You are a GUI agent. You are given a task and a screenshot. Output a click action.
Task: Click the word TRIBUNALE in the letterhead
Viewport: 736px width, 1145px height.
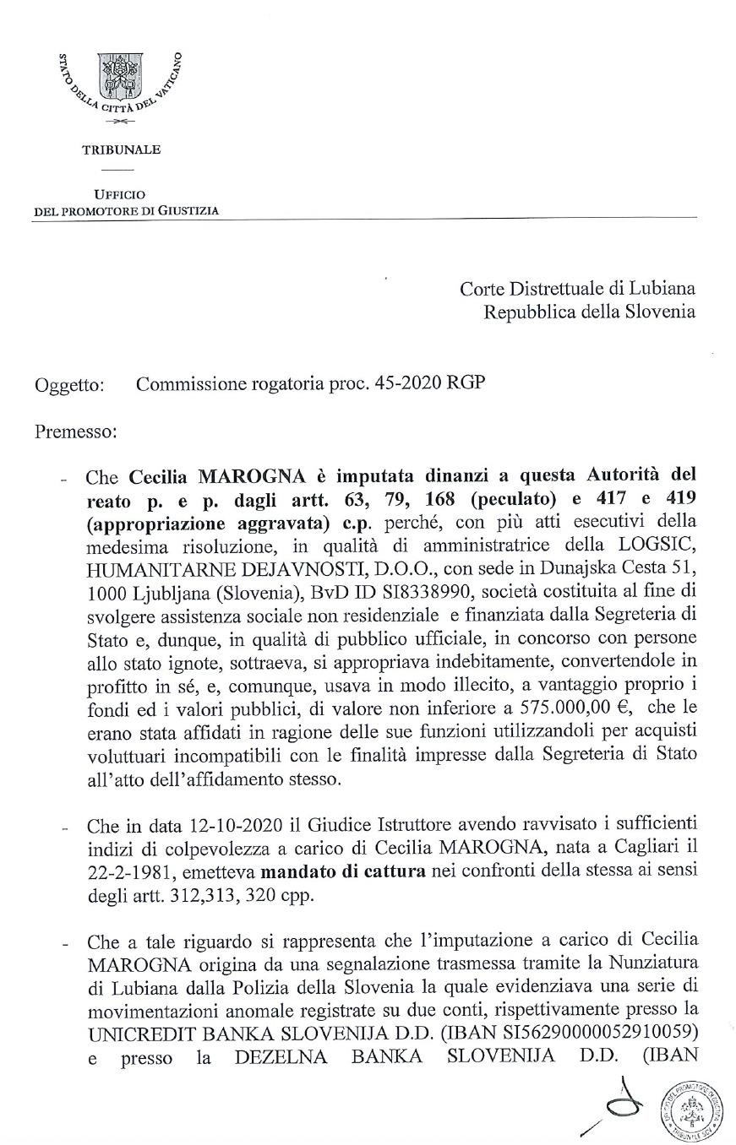tap(121, 150)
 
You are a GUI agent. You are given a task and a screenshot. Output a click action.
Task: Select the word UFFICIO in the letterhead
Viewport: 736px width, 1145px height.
tap(120, 194)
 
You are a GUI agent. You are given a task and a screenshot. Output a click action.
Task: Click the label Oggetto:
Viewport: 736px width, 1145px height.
tap(70, 386)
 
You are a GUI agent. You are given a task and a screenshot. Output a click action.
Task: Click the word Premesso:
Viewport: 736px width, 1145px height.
tap(75, 431)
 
